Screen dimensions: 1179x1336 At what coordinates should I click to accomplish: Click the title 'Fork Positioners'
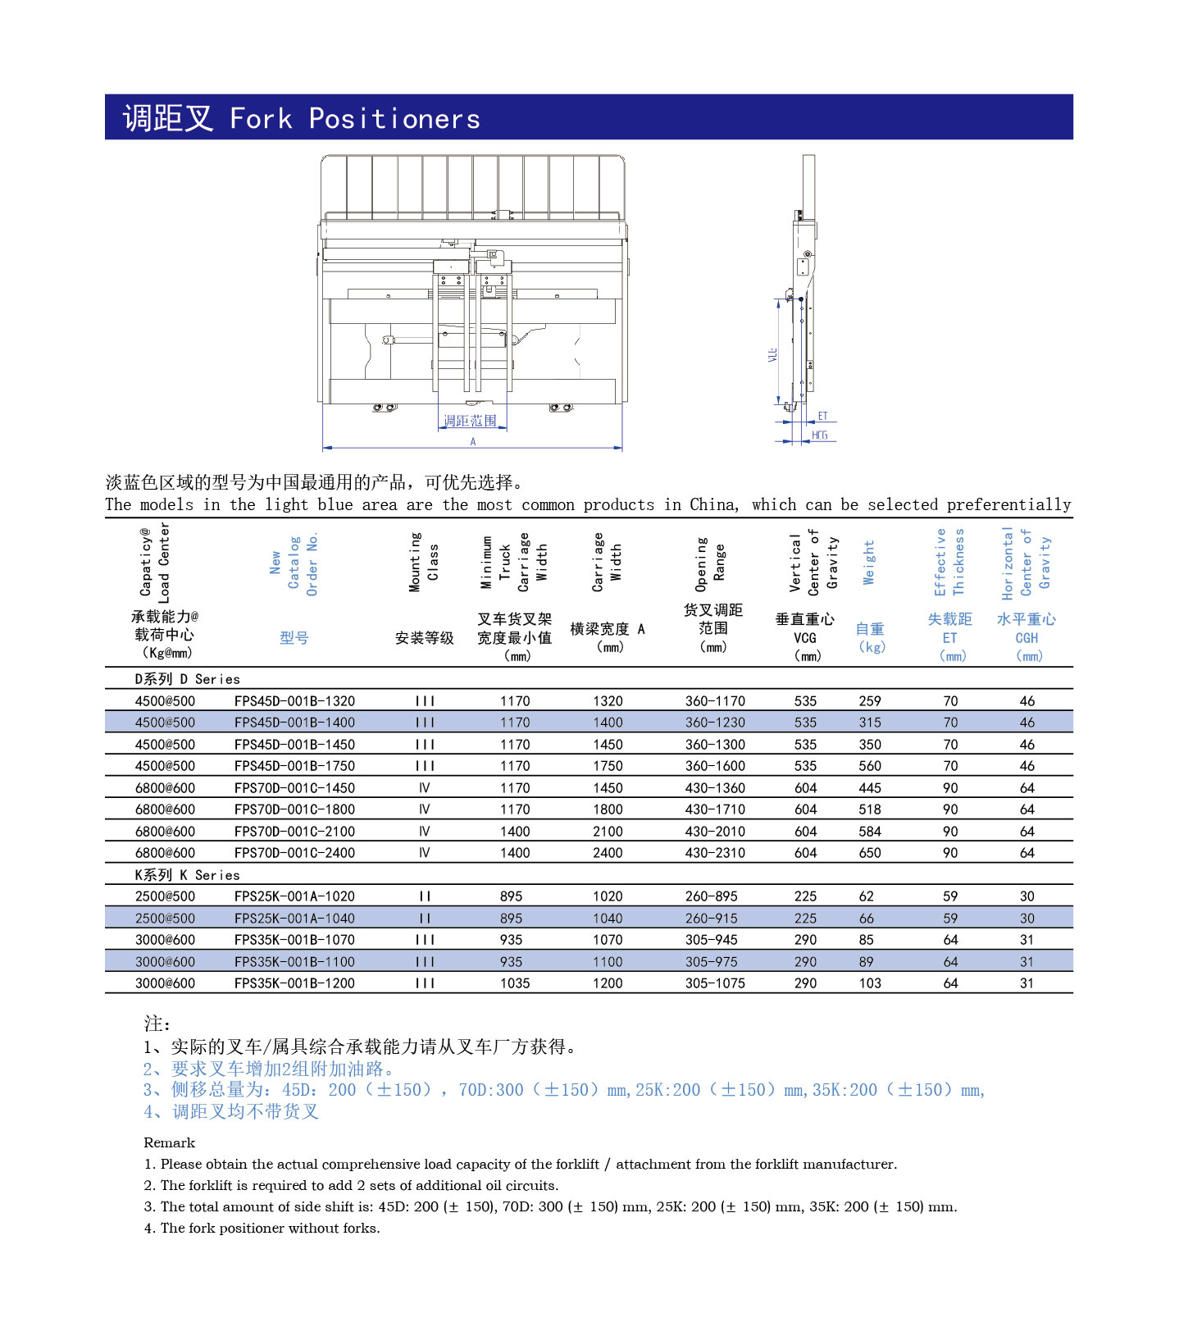[x=354, y=118]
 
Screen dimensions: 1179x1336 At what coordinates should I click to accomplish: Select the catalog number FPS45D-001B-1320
[x=294, y=701]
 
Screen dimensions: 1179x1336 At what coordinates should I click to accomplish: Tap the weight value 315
[x=870, y=723]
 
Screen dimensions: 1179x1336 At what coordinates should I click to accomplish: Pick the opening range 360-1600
[x=715, y=766]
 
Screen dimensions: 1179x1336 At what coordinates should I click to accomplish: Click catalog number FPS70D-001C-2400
[x=294, y=853]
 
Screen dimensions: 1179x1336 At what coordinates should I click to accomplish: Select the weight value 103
[x=870, y=983]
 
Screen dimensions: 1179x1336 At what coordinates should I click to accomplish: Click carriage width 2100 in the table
[x=608, y=832]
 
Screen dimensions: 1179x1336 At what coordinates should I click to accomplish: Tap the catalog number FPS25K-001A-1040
[x=294, y=919]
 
